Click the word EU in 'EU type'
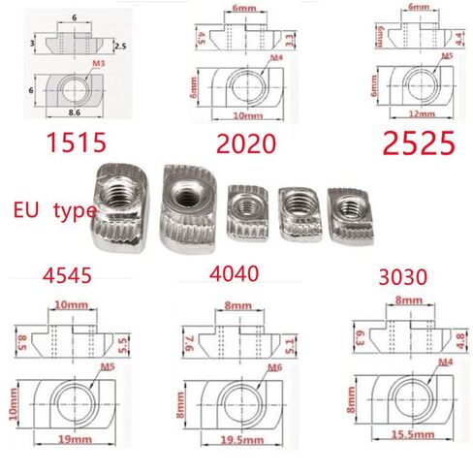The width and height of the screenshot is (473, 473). click(x=26, y=208)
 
